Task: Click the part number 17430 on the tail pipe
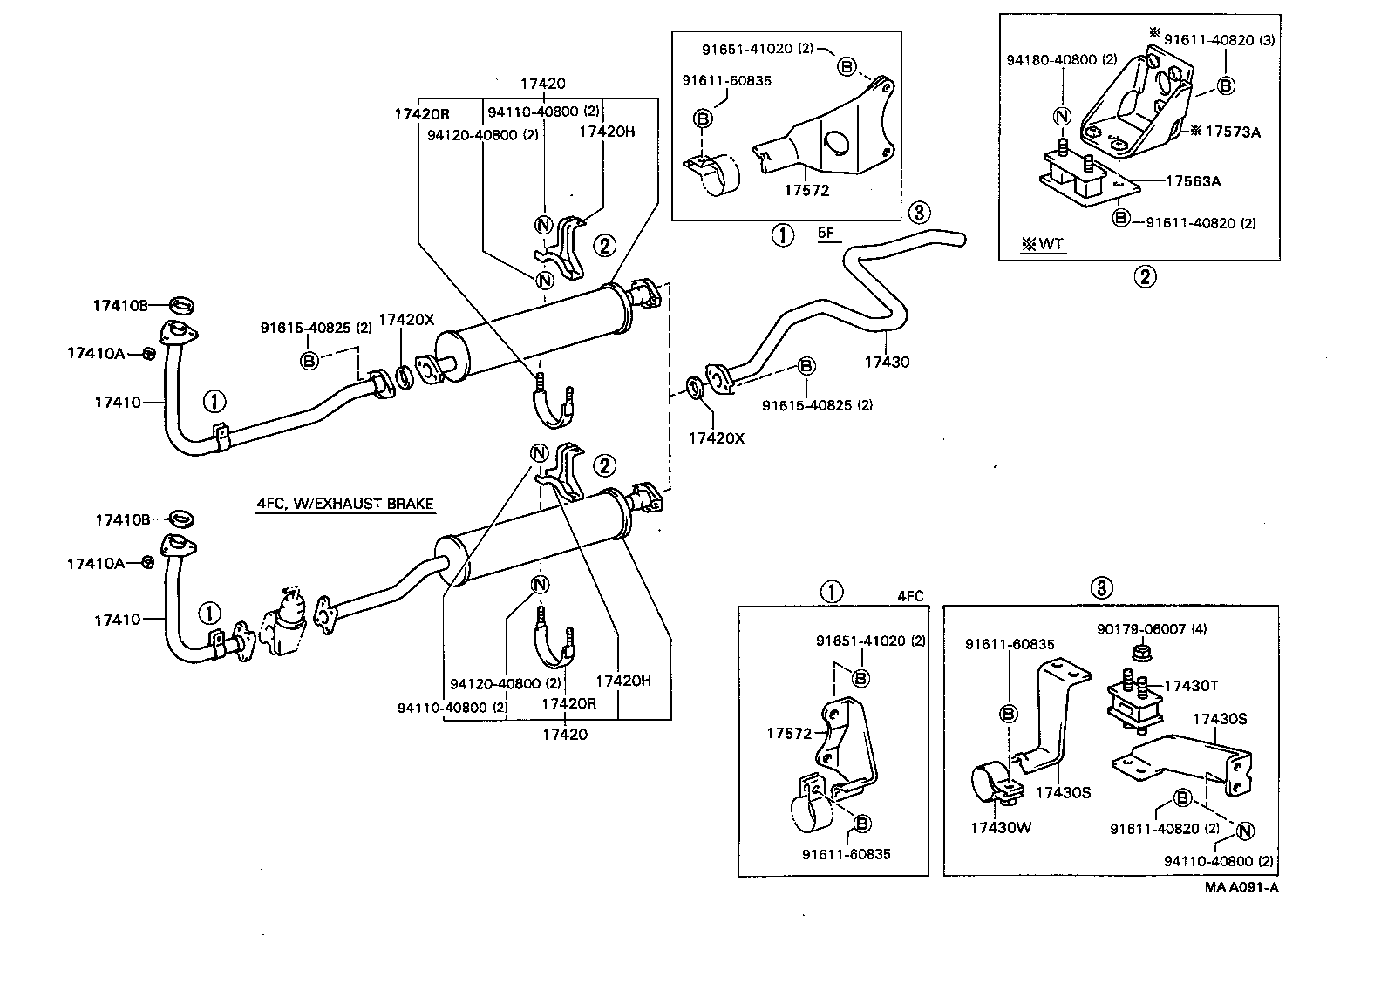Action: [887, 361]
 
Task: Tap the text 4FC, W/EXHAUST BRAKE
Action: [344, 504]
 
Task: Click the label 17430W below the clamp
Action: [1000, 827]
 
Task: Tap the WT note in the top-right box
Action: [1044, 244]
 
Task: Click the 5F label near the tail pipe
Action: [826, 234]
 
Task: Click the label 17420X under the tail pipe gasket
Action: [717, 438]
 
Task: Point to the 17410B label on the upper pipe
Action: [120, 305]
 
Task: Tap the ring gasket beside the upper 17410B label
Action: [181, 305]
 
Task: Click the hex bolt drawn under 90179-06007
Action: [1139, 652]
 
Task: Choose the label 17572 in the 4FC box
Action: [789, 733]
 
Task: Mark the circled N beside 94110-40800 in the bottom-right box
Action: [1245, 831]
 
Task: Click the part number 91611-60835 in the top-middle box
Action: [726, 81]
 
